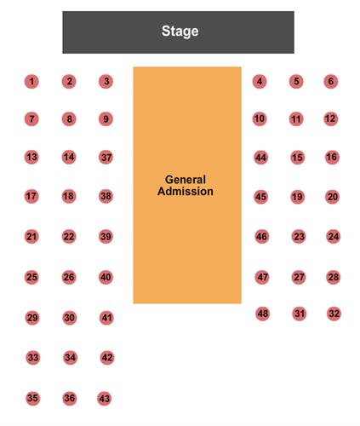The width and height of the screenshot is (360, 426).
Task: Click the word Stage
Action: click(x=180, y=32)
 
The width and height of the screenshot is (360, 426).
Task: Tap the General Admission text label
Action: click(x=186, y=186)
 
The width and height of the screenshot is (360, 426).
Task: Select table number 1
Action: click(x=31, y=82)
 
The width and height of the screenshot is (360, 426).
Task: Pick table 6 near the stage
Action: click(x=331, y=82)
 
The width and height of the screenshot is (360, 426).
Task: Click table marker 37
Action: click(x=106, y=157)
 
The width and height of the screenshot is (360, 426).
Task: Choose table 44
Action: click(x=261, y=158)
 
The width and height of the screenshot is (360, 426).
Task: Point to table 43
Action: click(x=105, y=399)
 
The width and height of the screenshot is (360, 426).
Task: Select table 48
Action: click(x=263, y=314)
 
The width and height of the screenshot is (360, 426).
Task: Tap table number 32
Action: click(x=334, y=314)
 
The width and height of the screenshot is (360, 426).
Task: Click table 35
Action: click(x=32, y=398)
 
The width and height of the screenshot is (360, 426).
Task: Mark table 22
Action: click(x=69, y=237)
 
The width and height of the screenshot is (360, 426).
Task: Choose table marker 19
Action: click(x=298, y=197)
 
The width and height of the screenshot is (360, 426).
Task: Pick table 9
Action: click(x=106, y=119)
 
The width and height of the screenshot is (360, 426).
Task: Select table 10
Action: click(x=260, y=118)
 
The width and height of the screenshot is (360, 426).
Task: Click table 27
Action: click(x=299, y=277)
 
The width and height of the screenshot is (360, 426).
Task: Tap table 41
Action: click(x=106, y=318)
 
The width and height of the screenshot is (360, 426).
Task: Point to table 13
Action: click(x=31, y=157)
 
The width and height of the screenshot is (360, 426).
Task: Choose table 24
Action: click(x=334, y=237)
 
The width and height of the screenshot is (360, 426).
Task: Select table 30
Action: click(x=70, y=318)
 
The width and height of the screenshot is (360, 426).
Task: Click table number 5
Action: click(x=296, y=82)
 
